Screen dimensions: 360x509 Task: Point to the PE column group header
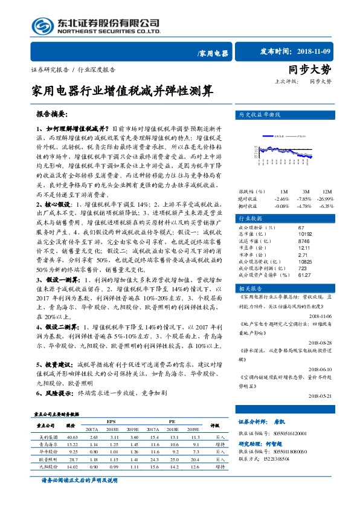[172, 421]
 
